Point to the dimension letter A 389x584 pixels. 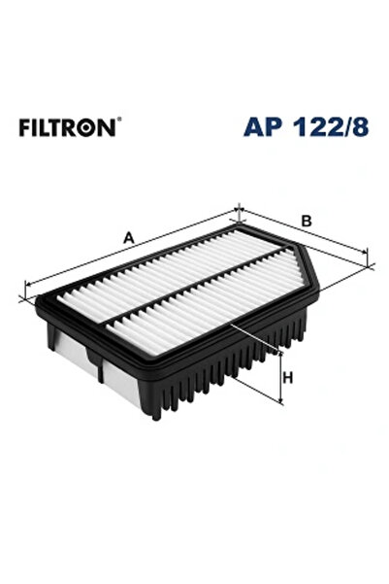(x=127, y=236)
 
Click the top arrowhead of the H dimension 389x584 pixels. (x=280, y=353)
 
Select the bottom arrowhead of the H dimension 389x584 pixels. (x=280, y=399)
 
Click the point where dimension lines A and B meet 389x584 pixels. (x=239, y=210)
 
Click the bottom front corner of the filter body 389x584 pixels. (x=155, y=416)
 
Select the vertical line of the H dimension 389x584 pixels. (x=280, y=377)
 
